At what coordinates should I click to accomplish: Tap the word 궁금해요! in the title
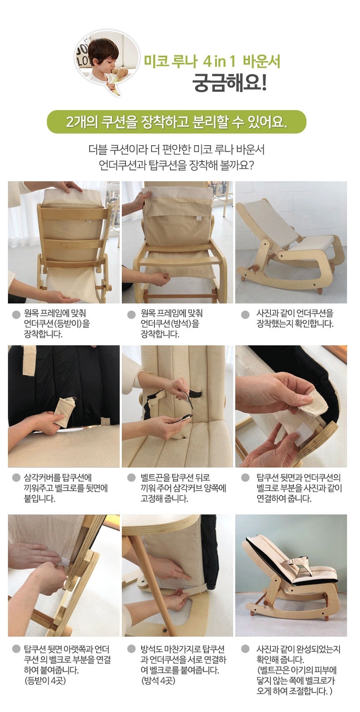pyautogui.click(x=229, y=82)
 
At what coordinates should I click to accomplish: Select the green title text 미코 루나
pyautogui.click(x=171, y=62)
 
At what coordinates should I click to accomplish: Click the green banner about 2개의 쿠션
pyautogui.click(x=176, y=122)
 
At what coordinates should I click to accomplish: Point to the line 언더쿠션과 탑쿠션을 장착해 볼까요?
pyautogui.click(x=176, y=165)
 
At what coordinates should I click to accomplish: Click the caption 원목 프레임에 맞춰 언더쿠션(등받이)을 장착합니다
pyautogui.click(x=57, y=324)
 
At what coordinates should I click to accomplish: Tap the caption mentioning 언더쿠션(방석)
pyautogui.click(x=172, y=324)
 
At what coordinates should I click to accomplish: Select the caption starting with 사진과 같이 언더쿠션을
pyautogui.click(x=295, y=319)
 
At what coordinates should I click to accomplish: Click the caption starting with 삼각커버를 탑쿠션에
pyautogui.click(x=66, y=488)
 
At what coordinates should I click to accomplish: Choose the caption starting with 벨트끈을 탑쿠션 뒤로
pyautogui.click(x=183, y=488)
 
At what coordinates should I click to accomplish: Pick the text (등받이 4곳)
pyautogui.click(x=45, y=681)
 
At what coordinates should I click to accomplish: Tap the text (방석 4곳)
pyautogui.click(x=158, y=681)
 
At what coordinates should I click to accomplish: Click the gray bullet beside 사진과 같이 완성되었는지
pyautogui.click(x=245, y=649)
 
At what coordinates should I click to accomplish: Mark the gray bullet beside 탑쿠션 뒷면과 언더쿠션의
pyautogui.click(x=245, y=478)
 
